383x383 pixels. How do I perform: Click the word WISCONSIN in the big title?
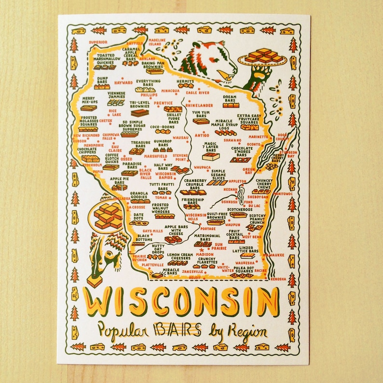pos(182,302)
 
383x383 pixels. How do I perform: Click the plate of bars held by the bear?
pos(262,57)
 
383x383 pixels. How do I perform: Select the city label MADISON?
pos(205,254)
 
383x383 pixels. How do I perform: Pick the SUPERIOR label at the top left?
pos(98,42)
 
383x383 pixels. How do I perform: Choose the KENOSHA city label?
pos(277,279)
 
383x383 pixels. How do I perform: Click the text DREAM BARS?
pos(230,98)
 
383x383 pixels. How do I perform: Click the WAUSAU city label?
pos(180,137)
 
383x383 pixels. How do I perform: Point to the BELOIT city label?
pos(195,277)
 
